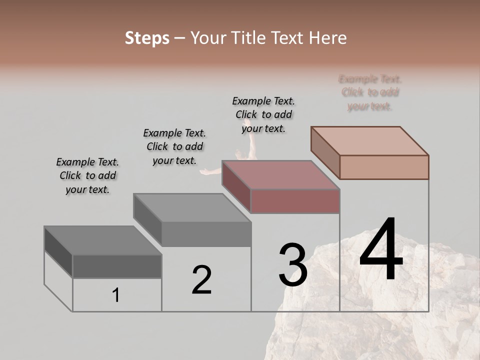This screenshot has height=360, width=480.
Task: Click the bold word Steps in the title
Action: [147, 38]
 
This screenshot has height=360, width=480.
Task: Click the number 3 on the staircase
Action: [293, 265]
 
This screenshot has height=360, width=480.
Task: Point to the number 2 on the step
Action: [202, 280]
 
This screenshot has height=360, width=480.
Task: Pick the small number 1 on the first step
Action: [116, 295]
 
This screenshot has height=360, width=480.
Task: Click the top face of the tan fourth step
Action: [370, 141]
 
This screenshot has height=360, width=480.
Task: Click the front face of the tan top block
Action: [384, 167]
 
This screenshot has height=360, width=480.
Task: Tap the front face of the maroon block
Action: [295, 201]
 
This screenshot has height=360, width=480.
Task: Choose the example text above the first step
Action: [87, 175]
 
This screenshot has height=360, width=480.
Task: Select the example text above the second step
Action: [174, 146]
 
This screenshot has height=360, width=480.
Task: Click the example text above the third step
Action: [263, 114]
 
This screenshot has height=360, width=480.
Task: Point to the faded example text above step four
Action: [370, 92]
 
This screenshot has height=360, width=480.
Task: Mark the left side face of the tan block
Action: [325, 152]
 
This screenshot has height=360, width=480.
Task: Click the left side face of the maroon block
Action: [236, 186]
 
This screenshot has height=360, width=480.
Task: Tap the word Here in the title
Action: [328, 38]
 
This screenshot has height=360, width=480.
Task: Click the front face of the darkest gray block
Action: [117, 266]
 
